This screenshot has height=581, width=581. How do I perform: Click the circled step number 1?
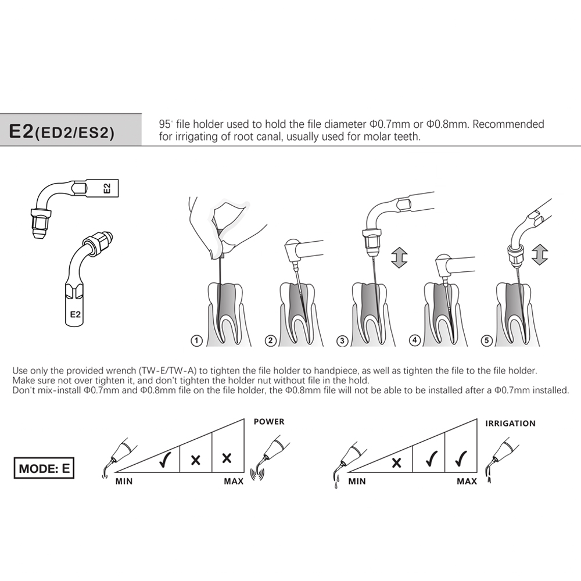pos(198,341)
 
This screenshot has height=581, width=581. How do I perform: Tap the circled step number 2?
pos(270,341)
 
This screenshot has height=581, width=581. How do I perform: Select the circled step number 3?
pos(343,341)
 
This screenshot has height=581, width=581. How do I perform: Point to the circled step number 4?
pos(415,341)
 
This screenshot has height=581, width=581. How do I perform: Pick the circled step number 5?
pos(487,341)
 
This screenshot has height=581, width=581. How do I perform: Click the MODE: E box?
pos(44,468)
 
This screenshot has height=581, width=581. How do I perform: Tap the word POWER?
pos(269,422)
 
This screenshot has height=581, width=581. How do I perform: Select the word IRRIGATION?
pos(510,424)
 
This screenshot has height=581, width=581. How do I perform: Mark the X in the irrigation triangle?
pos(397,462)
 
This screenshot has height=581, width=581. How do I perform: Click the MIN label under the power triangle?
pos(123,482)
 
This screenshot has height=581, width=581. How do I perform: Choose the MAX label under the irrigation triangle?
pos(467,482)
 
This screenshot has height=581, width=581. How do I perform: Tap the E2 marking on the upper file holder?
pos(106,188)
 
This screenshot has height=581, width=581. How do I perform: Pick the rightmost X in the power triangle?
pos(227,458)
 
